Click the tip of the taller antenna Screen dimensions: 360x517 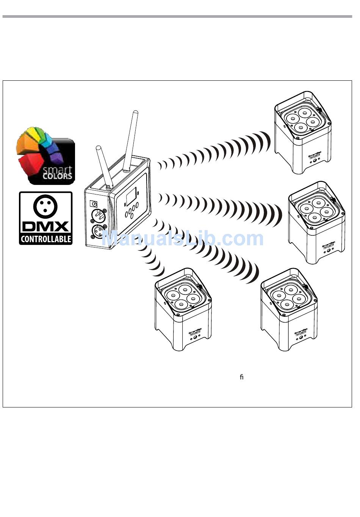point(135,112)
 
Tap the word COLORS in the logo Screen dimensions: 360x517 point(57,176)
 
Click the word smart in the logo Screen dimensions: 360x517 point(57,169)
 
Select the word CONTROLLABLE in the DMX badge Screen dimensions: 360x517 point(45,239)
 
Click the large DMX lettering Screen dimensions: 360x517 point(45,226)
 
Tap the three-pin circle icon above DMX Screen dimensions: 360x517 point(45,206)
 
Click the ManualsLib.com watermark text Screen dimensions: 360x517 point(183,238)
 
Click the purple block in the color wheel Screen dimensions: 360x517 point(56,156)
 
